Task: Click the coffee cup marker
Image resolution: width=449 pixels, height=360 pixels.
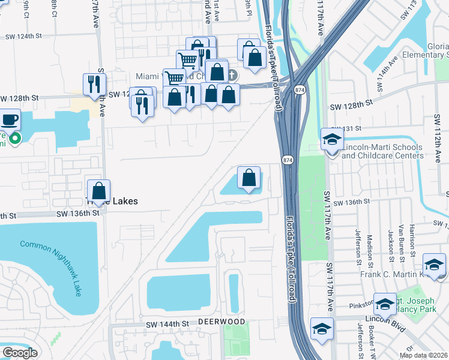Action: [10, 119]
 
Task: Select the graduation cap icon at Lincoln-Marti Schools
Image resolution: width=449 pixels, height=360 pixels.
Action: [332, 139]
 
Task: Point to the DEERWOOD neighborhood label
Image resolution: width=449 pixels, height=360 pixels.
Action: [222, 322]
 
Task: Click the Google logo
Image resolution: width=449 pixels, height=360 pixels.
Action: [20, 353]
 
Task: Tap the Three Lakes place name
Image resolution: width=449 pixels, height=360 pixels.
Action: [118, 202]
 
